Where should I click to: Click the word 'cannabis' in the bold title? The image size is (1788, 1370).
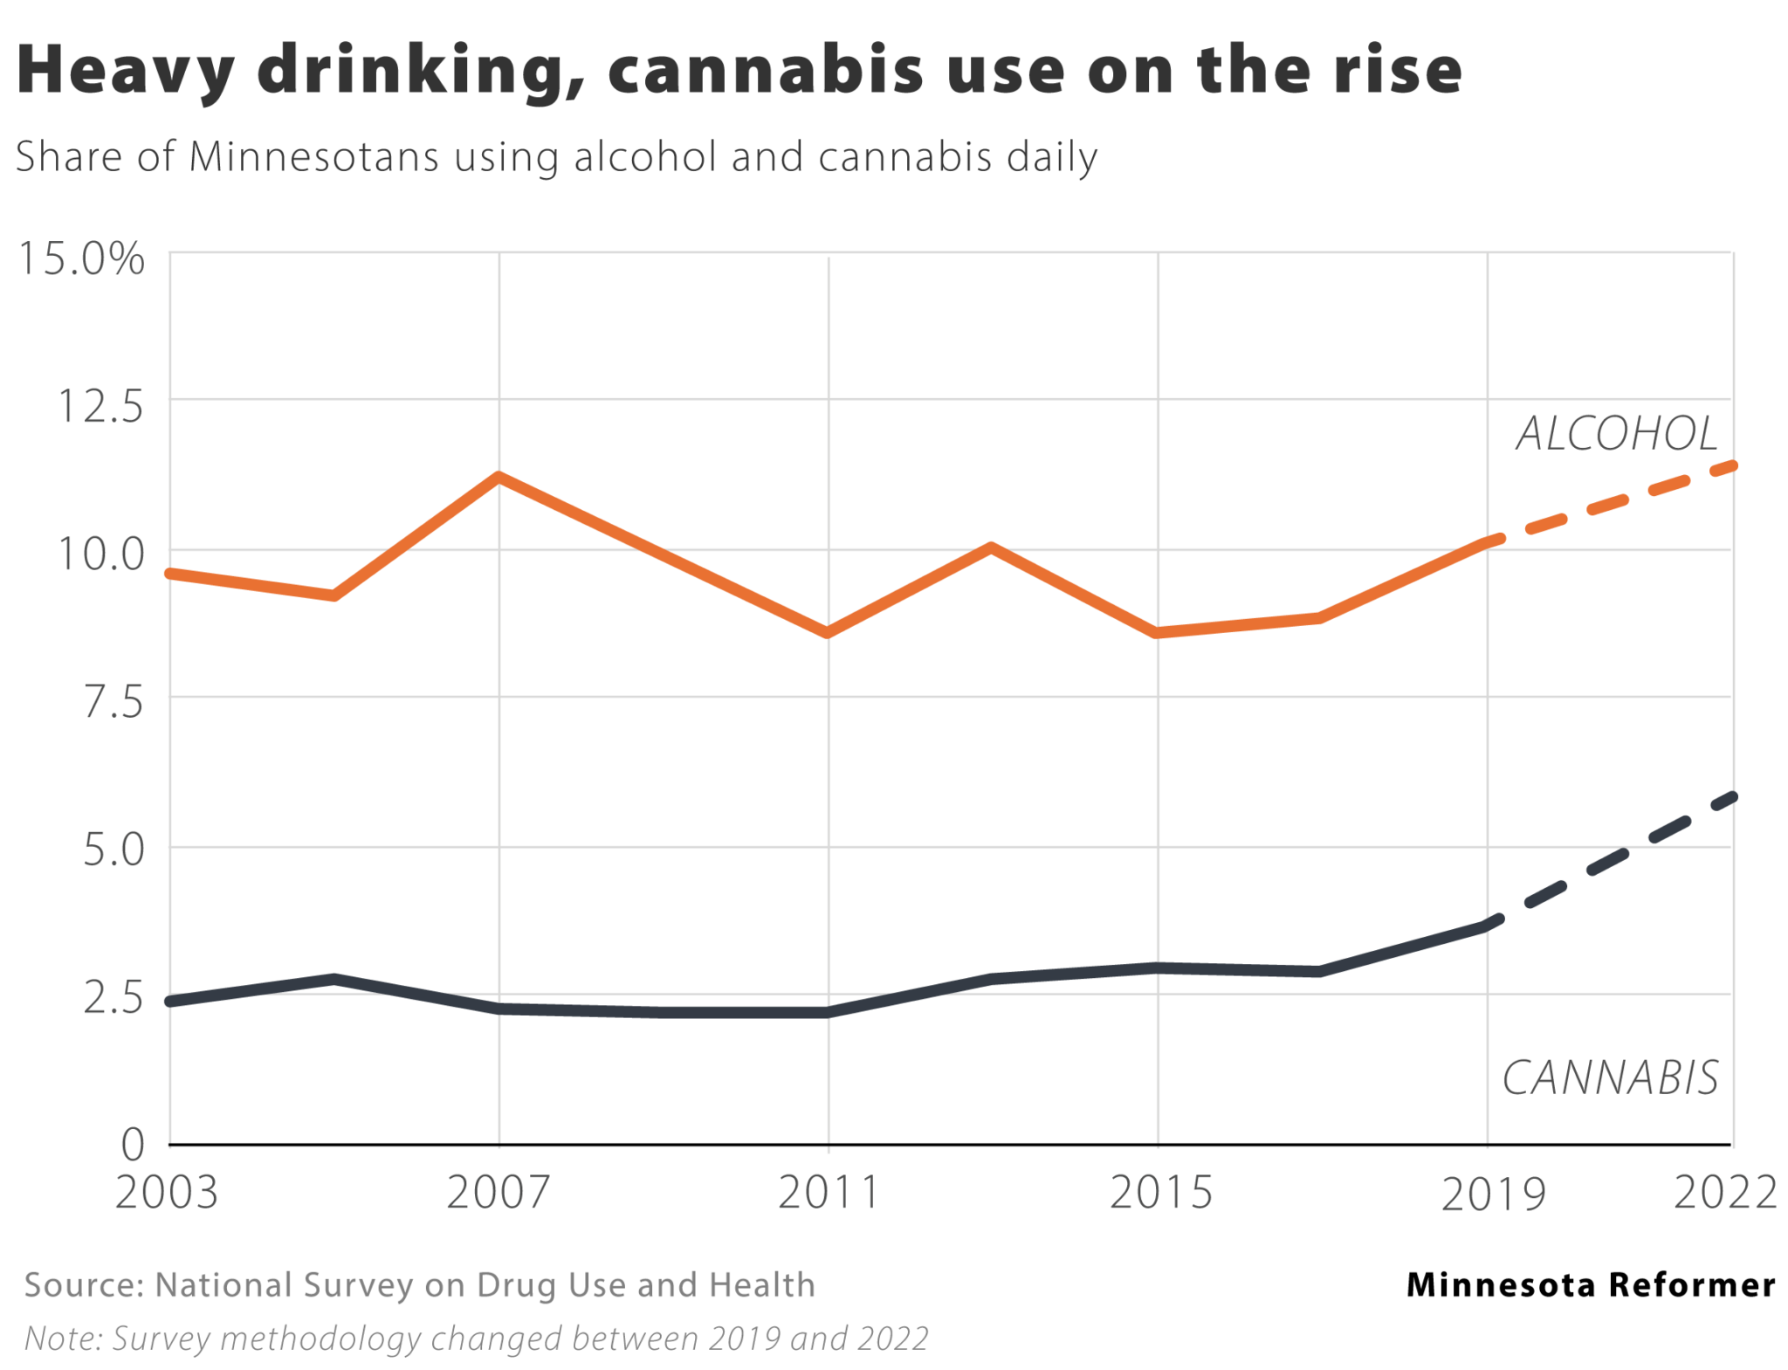coord(766,70)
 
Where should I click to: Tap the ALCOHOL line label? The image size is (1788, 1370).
coord(1617,434)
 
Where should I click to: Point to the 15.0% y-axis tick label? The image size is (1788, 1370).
coord(81,259)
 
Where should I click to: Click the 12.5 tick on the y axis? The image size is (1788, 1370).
coord(100,406)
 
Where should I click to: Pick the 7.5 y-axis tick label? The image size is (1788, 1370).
coord(113,702)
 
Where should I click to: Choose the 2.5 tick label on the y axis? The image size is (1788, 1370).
coord(113,998)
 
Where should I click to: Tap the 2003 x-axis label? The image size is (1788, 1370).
coord(166,1192)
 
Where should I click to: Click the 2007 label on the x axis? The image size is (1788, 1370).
coord(498,1192)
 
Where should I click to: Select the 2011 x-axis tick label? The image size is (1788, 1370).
coord(828,1192)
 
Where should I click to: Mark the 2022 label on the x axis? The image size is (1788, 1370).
coord(1725,1192)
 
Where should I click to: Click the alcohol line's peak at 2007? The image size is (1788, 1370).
coord(499,477)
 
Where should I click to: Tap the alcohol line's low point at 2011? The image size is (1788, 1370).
coord(828,632)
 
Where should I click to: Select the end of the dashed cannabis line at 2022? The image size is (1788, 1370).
coord(1732,797)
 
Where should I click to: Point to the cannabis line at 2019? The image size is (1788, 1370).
coord(1487,926)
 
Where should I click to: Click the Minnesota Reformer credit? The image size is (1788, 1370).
coord(1591,1284)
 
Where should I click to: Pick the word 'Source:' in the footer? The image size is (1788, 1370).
coord(83,1285)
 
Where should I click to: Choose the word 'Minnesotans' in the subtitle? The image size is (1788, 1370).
coord(313,157)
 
